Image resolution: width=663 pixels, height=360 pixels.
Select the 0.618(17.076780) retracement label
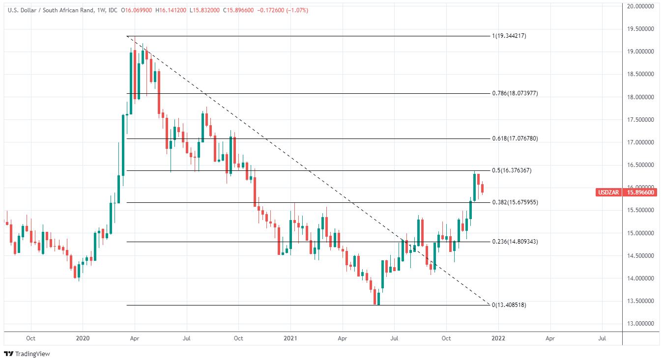coord(515,138)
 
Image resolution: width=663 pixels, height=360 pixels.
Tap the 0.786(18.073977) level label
coord(515,93)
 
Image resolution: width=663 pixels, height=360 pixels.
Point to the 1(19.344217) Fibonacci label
coord(509,36)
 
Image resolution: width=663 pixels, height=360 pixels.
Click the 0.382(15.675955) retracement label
coord(515,202)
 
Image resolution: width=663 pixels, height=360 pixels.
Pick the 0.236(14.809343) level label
coord(515,242)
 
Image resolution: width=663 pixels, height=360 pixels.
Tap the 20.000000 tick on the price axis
coord(640,6)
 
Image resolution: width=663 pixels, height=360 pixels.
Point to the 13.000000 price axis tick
coord(640,324)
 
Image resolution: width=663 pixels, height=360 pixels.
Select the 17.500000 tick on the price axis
coord(640,120)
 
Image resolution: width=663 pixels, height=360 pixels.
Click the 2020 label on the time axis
coord(83,338)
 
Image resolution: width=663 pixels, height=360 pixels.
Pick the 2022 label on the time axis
coord(498,338)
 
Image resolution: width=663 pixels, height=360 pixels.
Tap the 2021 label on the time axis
coord(290,338)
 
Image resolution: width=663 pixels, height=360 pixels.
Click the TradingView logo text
coord(32,354)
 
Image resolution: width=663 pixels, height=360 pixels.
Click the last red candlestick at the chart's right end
coord(483,188)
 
